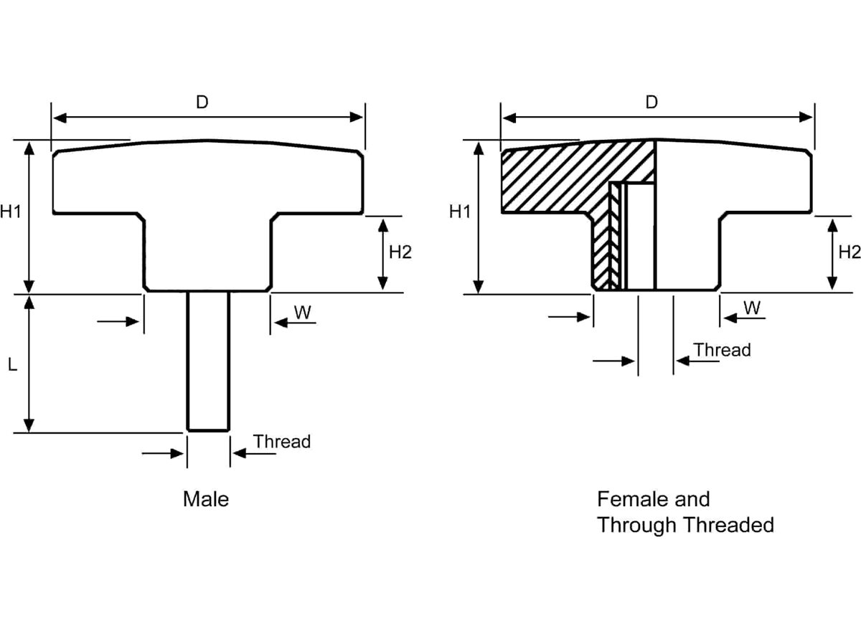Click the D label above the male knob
click(202, 103)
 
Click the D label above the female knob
click(651, 103)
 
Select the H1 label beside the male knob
click(10, 212)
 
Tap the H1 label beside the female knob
click(459, 212)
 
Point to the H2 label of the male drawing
click(400, 252)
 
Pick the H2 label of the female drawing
click(849, 252)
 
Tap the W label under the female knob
click(751, 308)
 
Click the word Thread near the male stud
click(282, 442)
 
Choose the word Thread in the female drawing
click(722, 350)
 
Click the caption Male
click(206, 499)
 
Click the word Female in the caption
click(632, 499)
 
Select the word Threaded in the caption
click(728, 525)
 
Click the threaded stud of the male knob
click(209, 359)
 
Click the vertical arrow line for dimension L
click(29, 364)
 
